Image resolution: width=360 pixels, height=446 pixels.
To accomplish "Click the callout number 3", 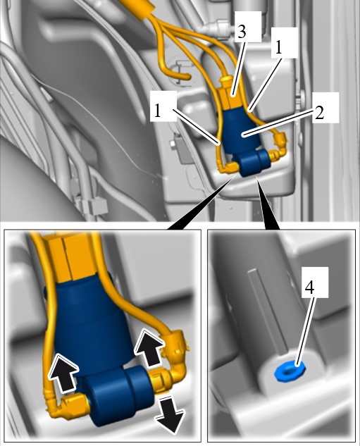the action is [x=242, y=32].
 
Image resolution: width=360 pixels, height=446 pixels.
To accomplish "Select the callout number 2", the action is [x=319, y=113].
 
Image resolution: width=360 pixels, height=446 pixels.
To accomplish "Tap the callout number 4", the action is [x=309, y=287].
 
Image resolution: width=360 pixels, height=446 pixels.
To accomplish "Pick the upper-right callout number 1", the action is [x=278, y=47].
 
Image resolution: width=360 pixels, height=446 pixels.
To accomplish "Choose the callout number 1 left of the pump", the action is [x=158, y=111].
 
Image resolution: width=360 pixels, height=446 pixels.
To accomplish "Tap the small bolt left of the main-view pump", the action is [x=173, y=144].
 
